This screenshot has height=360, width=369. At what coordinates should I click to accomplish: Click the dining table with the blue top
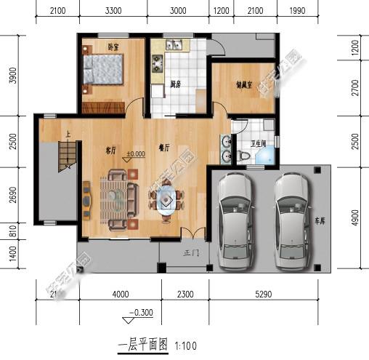point(167,197)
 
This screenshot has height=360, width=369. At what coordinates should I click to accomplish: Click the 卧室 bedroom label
point(113,47)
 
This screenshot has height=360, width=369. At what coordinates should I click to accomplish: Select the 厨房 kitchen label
point(175,84)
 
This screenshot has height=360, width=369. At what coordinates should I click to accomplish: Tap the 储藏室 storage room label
point(244,84)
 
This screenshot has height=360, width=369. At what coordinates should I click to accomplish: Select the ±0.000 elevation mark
point(134,154)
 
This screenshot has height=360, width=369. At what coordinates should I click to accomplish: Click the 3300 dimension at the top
point(113,11)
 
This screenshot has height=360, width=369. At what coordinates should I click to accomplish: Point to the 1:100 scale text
point(185,345)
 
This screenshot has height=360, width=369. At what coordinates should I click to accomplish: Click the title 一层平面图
point(142,343)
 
